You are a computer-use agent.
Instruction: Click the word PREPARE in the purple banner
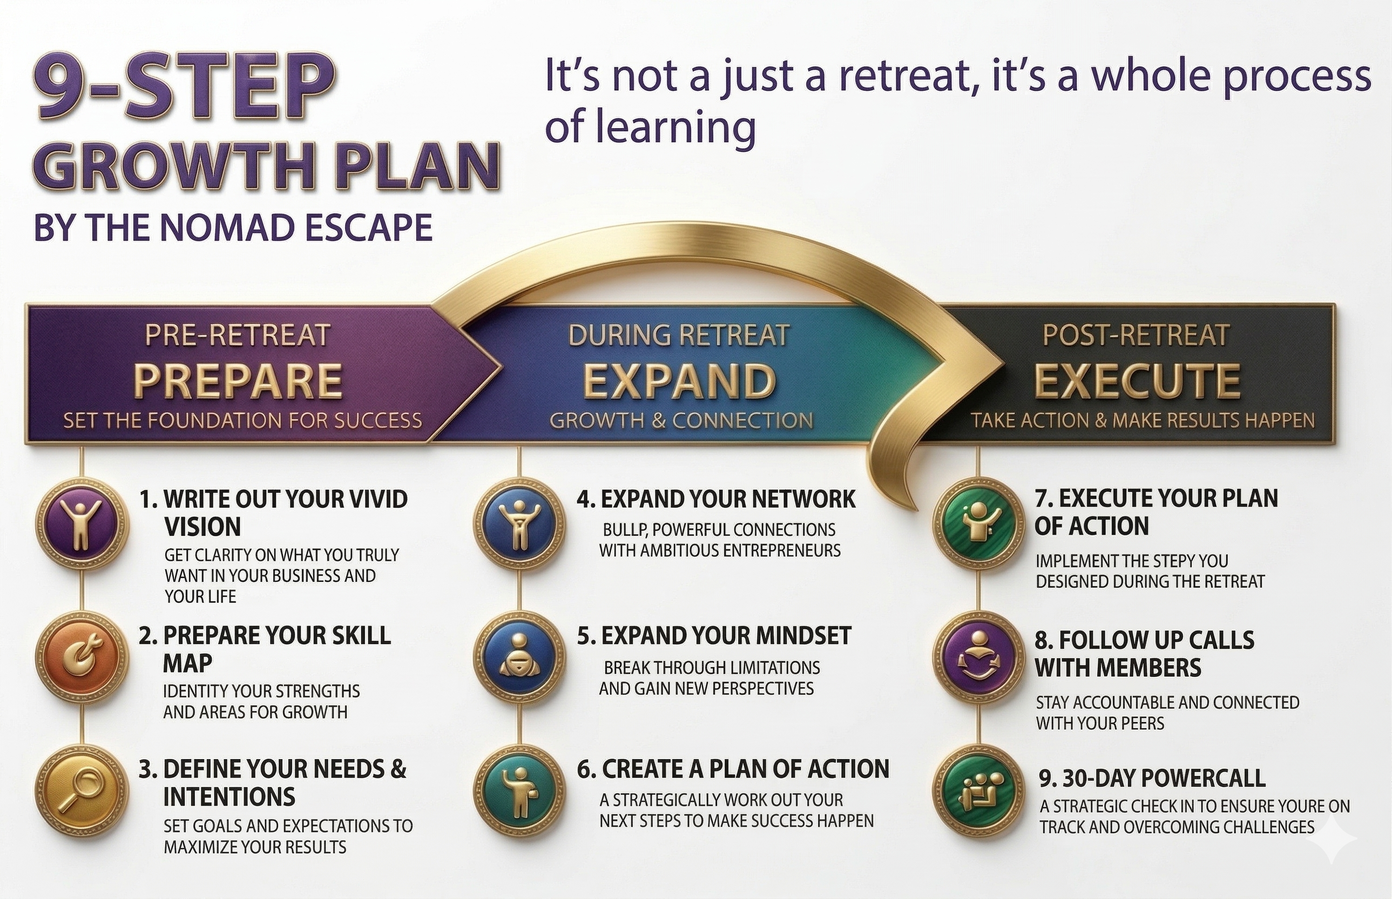pos(238,380)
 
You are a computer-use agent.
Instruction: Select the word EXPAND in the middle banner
pos(680,380)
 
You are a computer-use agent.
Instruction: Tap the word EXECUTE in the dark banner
pos(1137,380)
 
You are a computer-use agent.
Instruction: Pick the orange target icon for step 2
pos(82,658)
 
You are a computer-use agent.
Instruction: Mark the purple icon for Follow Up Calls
pos(978,658)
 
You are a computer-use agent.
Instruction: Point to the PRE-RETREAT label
pos(238,335)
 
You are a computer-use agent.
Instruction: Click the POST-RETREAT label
pos(1137,335)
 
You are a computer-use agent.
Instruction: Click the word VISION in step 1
pos(202,527)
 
